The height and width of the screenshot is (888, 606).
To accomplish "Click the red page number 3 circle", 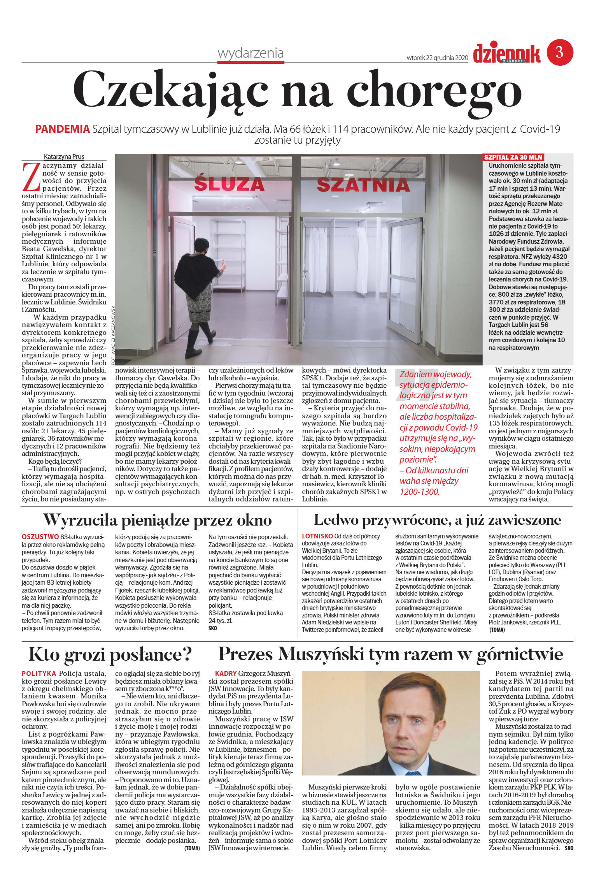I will coord(560,52).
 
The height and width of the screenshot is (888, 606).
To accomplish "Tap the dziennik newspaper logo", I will coord(506,53).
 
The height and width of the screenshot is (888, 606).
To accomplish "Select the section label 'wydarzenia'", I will coord(250,53).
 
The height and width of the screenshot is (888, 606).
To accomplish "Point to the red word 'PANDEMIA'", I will coord(62,129).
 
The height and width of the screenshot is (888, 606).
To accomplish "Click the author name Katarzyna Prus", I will coord(64,157).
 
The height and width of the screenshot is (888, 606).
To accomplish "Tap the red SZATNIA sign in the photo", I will coord(363,185).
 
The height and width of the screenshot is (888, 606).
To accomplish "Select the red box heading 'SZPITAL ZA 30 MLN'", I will coord(513,157).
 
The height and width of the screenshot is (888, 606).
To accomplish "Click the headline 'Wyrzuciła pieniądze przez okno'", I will coord(157,520).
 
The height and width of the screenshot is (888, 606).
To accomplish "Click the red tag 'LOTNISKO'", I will coord(317,536).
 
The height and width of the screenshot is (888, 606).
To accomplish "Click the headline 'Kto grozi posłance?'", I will coord(110,654).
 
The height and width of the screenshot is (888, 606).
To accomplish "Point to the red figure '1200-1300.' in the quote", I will coord(419,492).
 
